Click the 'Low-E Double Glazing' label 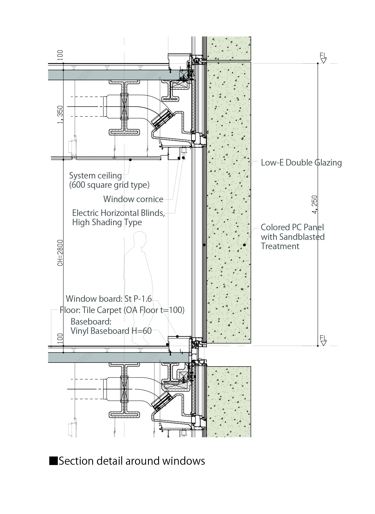301,163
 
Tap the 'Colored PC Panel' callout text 292,227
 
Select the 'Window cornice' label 133,199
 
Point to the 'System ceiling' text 96,176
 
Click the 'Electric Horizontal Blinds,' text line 118,213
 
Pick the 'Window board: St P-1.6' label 109,298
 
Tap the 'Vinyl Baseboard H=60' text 111,331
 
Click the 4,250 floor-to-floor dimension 315,205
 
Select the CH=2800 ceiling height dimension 60,253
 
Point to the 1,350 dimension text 60,114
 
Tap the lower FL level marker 323,340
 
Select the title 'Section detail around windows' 132,461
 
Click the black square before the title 53,461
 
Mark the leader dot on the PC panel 244,245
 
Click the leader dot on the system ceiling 130,160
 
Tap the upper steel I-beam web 124,107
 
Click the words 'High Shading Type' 107,222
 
